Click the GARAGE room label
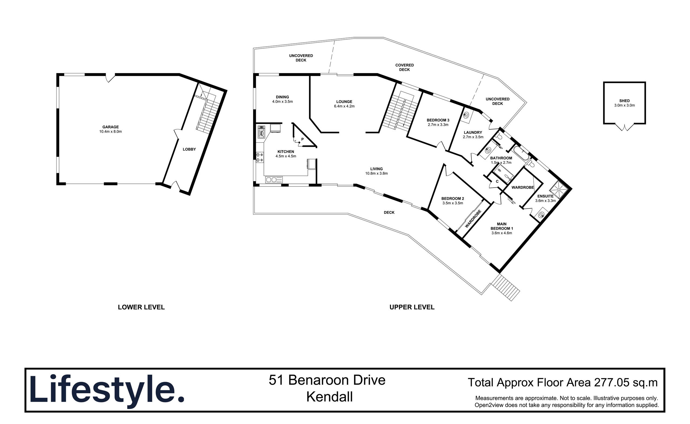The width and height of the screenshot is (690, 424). (x=111, y=127)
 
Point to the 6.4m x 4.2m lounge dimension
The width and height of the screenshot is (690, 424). (x=344, y=106)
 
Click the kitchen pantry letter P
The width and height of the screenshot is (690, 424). (x=302, y=139)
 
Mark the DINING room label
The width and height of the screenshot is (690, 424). (x=282, y=97)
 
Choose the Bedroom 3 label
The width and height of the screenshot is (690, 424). (x=438, y=120)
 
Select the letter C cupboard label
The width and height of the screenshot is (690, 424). (x=497, y=181)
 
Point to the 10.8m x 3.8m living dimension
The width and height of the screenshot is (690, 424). (x=376, y=174)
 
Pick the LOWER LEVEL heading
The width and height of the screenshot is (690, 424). (x=141, y=307)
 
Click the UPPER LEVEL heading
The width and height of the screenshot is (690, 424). (x=412, y=307)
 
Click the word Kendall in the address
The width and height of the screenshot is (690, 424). (x=329, y=397)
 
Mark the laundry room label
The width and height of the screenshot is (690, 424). (x=473, y=133)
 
